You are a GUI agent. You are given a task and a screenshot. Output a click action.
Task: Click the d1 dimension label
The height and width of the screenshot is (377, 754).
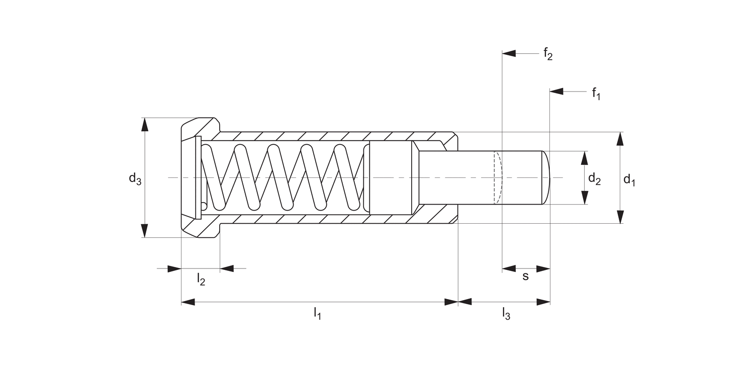[629, 179]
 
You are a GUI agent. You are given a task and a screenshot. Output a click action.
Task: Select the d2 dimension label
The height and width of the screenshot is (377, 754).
[594, 178]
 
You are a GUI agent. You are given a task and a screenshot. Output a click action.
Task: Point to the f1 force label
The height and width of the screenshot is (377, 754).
[596, 93]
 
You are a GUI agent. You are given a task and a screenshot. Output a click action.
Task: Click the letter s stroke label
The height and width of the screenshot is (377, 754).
[526, 276]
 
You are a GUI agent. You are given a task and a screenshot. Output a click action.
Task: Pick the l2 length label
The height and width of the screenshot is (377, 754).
[201, 279]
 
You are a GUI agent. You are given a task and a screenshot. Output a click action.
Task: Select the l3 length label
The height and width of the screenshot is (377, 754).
[506, 314]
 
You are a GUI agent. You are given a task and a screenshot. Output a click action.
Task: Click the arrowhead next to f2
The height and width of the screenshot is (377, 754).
[509, 53]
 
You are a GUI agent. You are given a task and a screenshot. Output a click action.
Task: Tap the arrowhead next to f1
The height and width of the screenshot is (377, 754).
[556, 91]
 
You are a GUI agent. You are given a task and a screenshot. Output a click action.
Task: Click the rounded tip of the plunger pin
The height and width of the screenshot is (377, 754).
[547, 177]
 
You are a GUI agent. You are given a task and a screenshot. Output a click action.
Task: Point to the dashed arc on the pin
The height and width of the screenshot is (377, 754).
[500, 177]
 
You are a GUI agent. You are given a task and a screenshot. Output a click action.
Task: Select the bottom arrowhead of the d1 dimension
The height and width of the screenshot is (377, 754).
[620, 217]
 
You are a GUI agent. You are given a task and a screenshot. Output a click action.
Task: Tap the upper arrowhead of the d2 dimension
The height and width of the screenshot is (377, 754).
[584, 158]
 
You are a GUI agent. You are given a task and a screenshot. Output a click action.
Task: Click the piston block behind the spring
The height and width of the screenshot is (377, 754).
[390, 177]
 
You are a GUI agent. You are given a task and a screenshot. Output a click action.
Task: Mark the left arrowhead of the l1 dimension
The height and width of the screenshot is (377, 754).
[188, 302]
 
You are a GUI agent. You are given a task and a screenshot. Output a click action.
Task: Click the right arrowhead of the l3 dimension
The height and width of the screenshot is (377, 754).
[543, 302]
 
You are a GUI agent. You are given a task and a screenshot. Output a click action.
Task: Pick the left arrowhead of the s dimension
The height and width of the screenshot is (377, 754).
[509, 269]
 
